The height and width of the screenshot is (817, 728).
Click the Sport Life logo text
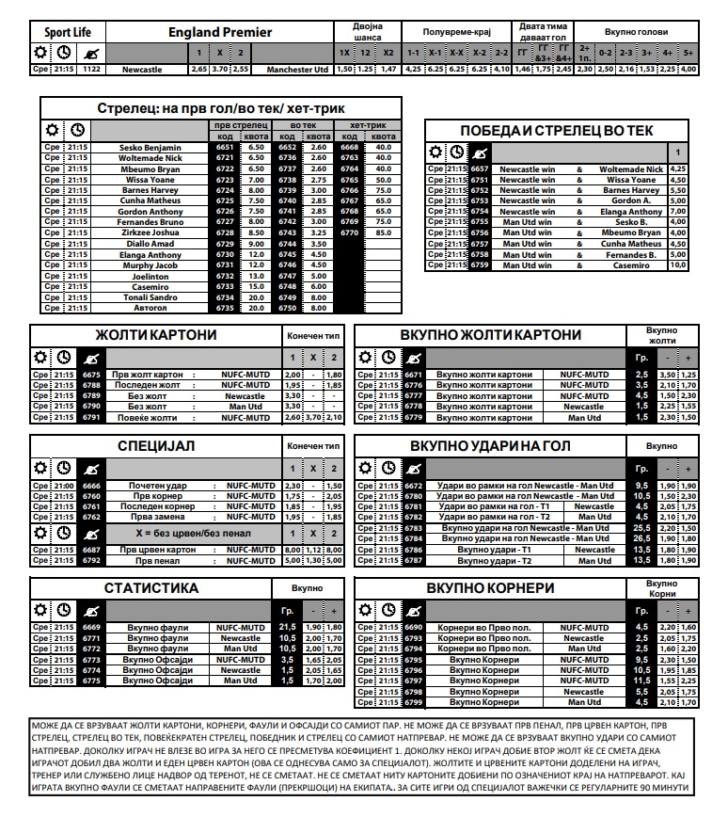(65, 32)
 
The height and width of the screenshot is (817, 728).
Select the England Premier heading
(220, 32)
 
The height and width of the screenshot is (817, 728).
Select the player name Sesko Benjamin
(149, 148)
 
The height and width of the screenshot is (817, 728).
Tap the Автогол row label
(149, 307)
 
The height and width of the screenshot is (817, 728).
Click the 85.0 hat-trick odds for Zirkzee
(383, 232)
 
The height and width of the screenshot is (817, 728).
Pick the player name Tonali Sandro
(149, 296)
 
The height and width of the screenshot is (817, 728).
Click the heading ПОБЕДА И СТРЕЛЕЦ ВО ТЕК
(557, 130)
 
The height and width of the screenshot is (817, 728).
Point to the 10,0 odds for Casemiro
(677, 265)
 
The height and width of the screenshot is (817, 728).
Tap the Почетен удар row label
(147, 486)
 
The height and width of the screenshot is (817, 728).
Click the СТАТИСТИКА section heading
(151, 588)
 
